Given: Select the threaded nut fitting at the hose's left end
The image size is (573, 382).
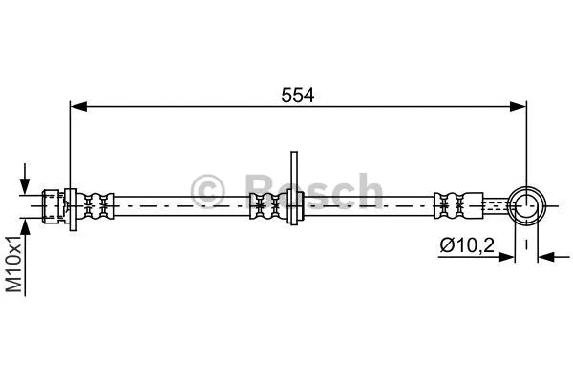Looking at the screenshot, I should (x=58, y=204).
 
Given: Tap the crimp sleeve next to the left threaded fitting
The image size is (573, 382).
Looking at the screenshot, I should (x=98, y=204).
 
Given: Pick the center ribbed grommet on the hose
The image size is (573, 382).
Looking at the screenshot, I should (x=265, y=204).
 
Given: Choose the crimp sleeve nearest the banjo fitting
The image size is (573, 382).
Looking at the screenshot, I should (x=453, y=204).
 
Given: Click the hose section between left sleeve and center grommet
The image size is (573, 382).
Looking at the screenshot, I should (x=181, y=204).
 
